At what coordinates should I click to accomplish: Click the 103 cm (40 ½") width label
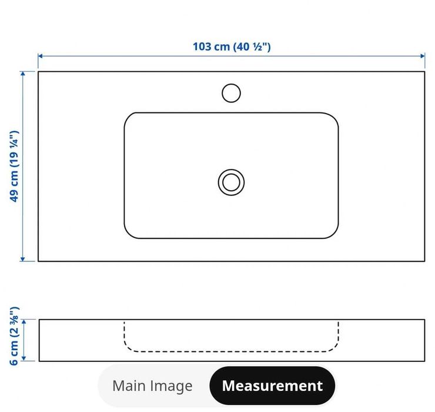tap(232, 46)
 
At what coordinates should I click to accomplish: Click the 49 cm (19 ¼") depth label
tap(15, 166)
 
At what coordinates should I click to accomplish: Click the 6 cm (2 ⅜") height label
tap(15, 336)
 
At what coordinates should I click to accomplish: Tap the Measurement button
tap(272, 386)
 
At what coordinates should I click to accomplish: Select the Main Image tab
tap(152, 386)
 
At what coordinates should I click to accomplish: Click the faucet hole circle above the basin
tap(231, 93)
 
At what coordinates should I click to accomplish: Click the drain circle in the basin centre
tap(231, 182)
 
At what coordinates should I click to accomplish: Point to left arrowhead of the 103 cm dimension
tap(40, 56)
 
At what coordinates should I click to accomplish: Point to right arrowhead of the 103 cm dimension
tap(423, 56)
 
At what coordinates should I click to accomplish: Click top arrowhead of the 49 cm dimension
tap(23, 74)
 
